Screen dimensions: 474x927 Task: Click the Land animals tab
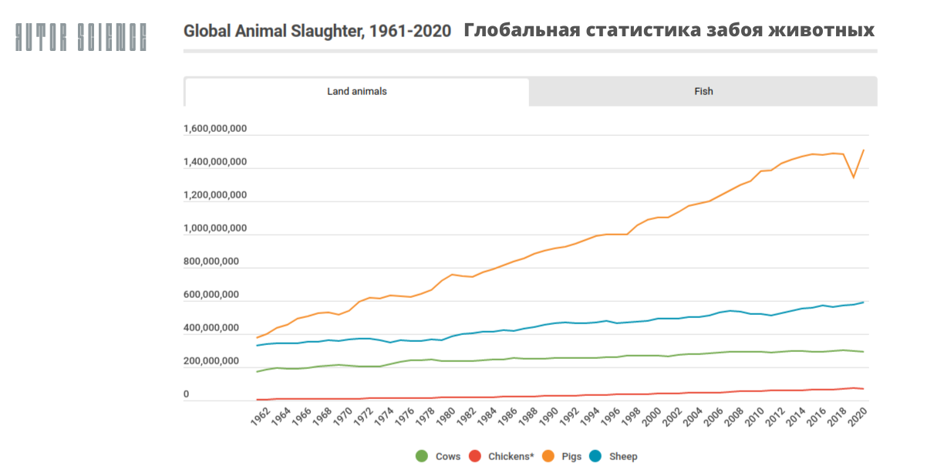(356, 91)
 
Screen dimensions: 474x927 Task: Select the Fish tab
(703, 91)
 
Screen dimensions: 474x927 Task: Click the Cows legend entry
(439, 456)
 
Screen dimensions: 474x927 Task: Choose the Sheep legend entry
(614, 456)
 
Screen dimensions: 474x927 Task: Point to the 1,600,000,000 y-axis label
(215, 129)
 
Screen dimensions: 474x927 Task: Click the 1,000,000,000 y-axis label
(215, 229)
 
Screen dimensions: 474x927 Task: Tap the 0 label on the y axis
(186, 394)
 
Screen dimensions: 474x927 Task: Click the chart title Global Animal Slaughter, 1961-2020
(318, 31)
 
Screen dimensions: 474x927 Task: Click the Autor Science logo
(81, 36)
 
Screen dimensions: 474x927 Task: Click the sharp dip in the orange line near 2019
(853, 178)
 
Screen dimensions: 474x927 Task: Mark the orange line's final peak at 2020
(863, 150)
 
